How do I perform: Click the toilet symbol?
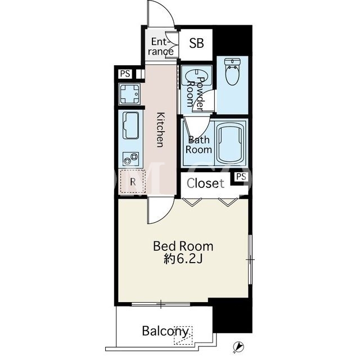(232, 72)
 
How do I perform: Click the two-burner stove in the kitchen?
(131, 159)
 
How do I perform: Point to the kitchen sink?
(131, 125)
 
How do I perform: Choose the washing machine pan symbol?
(129, 94)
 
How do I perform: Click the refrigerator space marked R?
(133, 182)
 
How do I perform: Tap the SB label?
(196, 43)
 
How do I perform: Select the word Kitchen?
(160, 129)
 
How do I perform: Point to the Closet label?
(205, 183)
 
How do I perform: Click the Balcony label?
(165, 331)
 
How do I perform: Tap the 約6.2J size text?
(183, 259)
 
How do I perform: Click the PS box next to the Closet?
(241, 177)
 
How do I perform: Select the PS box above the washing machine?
(125, 74)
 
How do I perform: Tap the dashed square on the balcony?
(183, 335)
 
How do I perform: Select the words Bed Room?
(183, 246)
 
